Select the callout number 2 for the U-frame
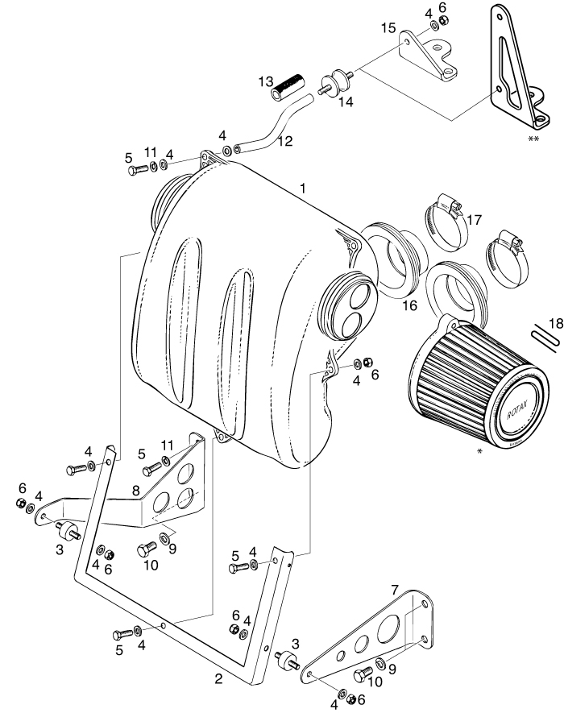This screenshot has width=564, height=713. tap(218, 678)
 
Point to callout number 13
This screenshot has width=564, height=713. tap(265, 83)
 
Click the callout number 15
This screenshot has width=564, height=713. tap(388, 28)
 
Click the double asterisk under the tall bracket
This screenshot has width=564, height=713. tap(533, 139)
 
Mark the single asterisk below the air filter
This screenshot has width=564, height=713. tap(479, 452)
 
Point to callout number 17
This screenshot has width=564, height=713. tap(474, 219)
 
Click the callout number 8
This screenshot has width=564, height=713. tap(136, 489)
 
